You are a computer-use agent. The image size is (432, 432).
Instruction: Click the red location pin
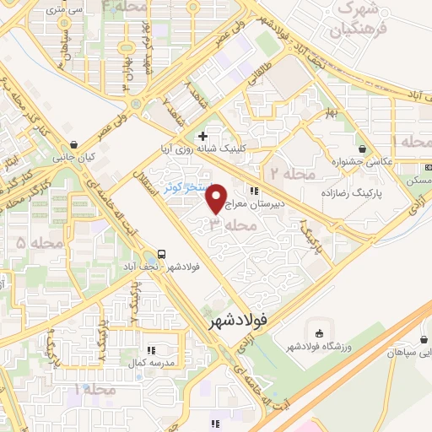pyautogui.click(x=218, y=198)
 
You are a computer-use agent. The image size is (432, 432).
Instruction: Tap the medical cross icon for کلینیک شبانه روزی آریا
pyautogui.click(x=202, y=135)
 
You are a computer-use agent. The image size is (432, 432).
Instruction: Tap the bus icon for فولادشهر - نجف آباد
pyautogui.click(x=161, y=252)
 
